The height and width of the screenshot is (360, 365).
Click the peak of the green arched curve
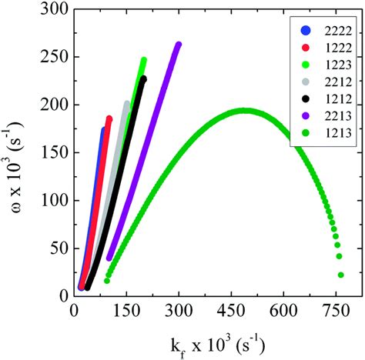(243, 110)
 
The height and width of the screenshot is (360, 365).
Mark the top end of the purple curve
(179, 45)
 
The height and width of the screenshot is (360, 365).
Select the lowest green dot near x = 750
(340, 275)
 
